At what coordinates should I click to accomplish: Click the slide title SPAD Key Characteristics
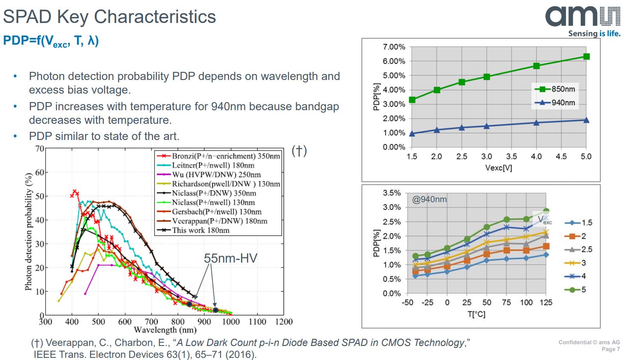click(109, 17)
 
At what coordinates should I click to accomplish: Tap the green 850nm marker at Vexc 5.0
click(586, 57)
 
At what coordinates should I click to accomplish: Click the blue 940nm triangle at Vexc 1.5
click(412, 134)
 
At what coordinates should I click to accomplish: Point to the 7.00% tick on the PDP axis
click(394, 47)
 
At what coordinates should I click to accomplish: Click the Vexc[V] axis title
click(499, 168)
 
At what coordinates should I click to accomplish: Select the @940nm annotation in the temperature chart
click(429, 199)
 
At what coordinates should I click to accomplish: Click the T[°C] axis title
click(476, 314)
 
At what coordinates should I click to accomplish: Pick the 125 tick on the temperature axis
click(546, 303)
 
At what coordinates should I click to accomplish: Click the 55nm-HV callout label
click(230, 258)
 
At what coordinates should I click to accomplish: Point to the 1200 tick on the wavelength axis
click(284, 322)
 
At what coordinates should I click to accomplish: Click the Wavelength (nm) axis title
click(165, 330)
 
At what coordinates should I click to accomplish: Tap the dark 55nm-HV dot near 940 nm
click(215, 310)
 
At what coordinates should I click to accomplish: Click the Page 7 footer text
click(611, 349)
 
